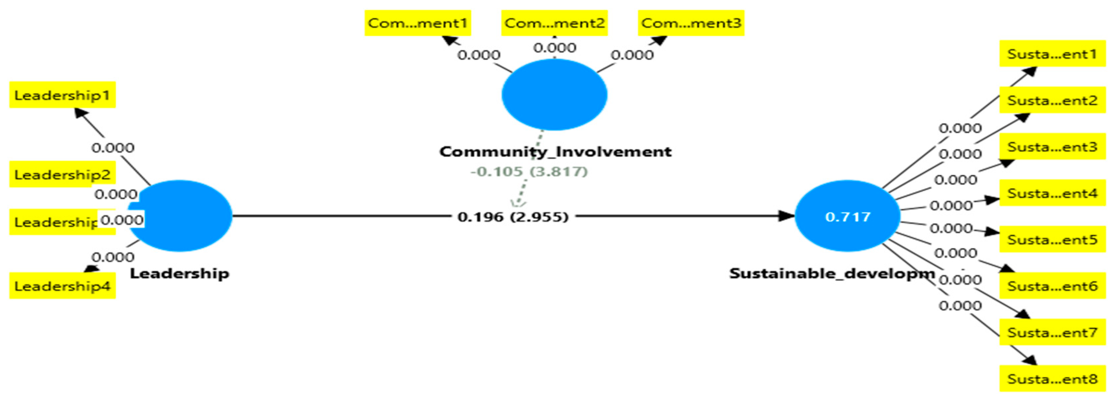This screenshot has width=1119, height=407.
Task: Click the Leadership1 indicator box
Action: pos(62,95)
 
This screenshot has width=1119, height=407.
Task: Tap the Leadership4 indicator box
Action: pos(62,286)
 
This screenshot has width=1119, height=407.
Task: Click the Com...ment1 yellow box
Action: pos(418,23)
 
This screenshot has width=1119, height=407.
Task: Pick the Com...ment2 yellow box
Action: pos(554,23)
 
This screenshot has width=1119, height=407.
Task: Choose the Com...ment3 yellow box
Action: pos(691,23)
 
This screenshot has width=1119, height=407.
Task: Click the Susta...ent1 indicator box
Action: pos(1052,54)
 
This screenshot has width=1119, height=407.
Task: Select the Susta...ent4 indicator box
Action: pos(1052,193)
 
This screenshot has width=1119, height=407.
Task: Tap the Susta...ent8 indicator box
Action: pos(1052,379)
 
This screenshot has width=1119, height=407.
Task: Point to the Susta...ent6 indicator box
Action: pos(1052,286)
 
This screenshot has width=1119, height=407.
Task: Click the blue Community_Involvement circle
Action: pos(554,95)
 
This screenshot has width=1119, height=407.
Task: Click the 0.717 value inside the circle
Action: pos(848,216)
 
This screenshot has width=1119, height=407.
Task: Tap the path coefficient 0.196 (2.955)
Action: pos(513,216)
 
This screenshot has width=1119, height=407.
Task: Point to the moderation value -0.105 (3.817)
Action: pos(529,171)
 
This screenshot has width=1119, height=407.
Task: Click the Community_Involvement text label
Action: pos(555,152)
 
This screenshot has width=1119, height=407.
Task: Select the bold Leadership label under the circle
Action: pos(179,273)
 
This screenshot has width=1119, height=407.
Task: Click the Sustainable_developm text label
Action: pos(831,273)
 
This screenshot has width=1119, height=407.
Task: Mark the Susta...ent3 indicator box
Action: pos(1052,147)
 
